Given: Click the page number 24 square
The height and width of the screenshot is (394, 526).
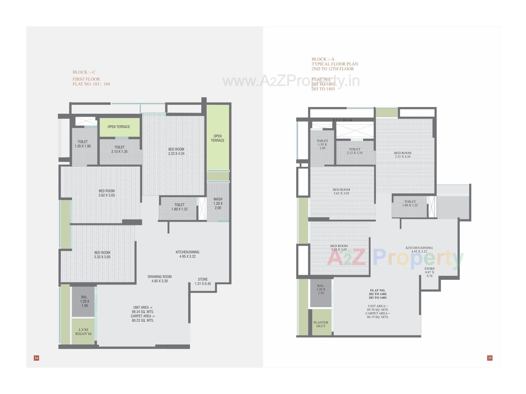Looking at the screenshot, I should click(x=36, y=358).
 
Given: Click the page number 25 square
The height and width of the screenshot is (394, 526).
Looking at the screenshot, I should click(x=490, y=358).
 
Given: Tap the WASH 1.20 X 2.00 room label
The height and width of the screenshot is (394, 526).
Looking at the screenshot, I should click(x=218, y=203).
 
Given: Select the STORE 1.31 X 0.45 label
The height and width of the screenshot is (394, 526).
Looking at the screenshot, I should click(x=203, y=281).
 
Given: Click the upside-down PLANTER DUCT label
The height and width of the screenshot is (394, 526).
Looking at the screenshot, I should click(x=83, y=331).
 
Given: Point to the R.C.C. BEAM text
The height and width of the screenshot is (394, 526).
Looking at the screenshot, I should click(x=342, y=120).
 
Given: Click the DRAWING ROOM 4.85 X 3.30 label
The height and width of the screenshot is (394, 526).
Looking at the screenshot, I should click(x=159, y=279).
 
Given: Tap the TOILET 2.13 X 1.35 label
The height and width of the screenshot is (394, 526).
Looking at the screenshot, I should click(x=119, y=149).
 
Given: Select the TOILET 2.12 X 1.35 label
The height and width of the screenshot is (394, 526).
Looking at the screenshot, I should click(x=355, y=151).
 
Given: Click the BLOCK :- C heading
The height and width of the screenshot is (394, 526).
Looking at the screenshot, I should click(x=84, y=72).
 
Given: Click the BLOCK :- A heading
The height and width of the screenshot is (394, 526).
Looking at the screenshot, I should click(x=323, y=59).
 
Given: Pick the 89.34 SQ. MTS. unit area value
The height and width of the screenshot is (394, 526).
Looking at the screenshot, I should click(x=143, y=312).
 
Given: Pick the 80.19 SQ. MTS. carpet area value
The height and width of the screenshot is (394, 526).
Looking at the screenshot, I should click(x=378, y=317).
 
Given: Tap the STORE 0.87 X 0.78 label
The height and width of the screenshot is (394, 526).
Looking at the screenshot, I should click(x=429, y=272).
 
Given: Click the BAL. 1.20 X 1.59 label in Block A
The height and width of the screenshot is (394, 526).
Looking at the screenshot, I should click(x=321, y=289).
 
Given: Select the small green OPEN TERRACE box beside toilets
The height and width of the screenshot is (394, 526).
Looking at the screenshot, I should click(x=119, y=127).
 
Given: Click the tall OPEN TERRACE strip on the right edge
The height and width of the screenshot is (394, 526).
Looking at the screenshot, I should click(x=218, y=138).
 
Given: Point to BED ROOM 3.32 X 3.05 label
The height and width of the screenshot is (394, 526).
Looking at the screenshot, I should click(x=339, y=248).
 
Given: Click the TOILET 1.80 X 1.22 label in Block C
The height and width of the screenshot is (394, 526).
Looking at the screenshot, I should click(x=179, y=207).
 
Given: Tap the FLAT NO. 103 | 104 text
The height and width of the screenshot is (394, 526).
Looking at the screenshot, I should click(x=91, y=84).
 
